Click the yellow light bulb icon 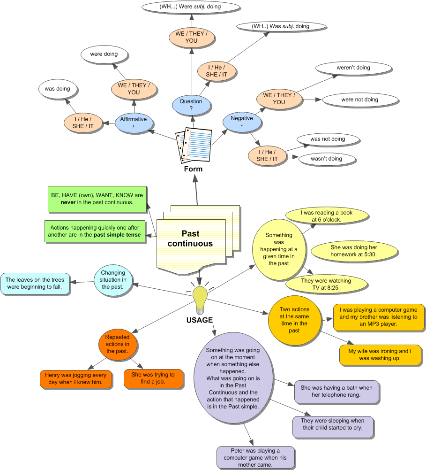pyautogui.click(x=200, y=299)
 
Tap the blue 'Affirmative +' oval pyautogui.click(x=134, y=123)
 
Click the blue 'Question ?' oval pyautogui.click(x=191, y=105)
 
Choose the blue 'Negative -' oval pyautogui.click(x=242, y=122)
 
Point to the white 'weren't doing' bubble pyautogui.click(x=353, y=68)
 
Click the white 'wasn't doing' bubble pyautogui.click(x=327, y=159)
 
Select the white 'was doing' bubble pyautogui.click(x=57, y=89)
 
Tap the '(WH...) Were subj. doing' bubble pyautogui.click(x=190, y=7)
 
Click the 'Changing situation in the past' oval pyautogui.click(x=113, y=280)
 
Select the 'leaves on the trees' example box pyautogui.click(x=35, y=283)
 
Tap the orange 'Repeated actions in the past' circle pyautogui.click(x=117, y=344)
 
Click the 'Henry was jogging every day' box pyautogui.click(x=75, y=379)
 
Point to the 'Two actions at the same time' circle pyautogui.click(x=294, y=321)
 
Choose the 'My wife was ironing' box pyautogui.click(x=380, y=354)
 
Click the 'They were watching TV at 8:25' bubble pyautogui.click(x=326, y=284)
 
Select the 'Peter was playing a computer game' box pyautogui.click(x=255, y=457)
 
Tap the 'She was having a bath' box pyautogui.click(x=336, y=391)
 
